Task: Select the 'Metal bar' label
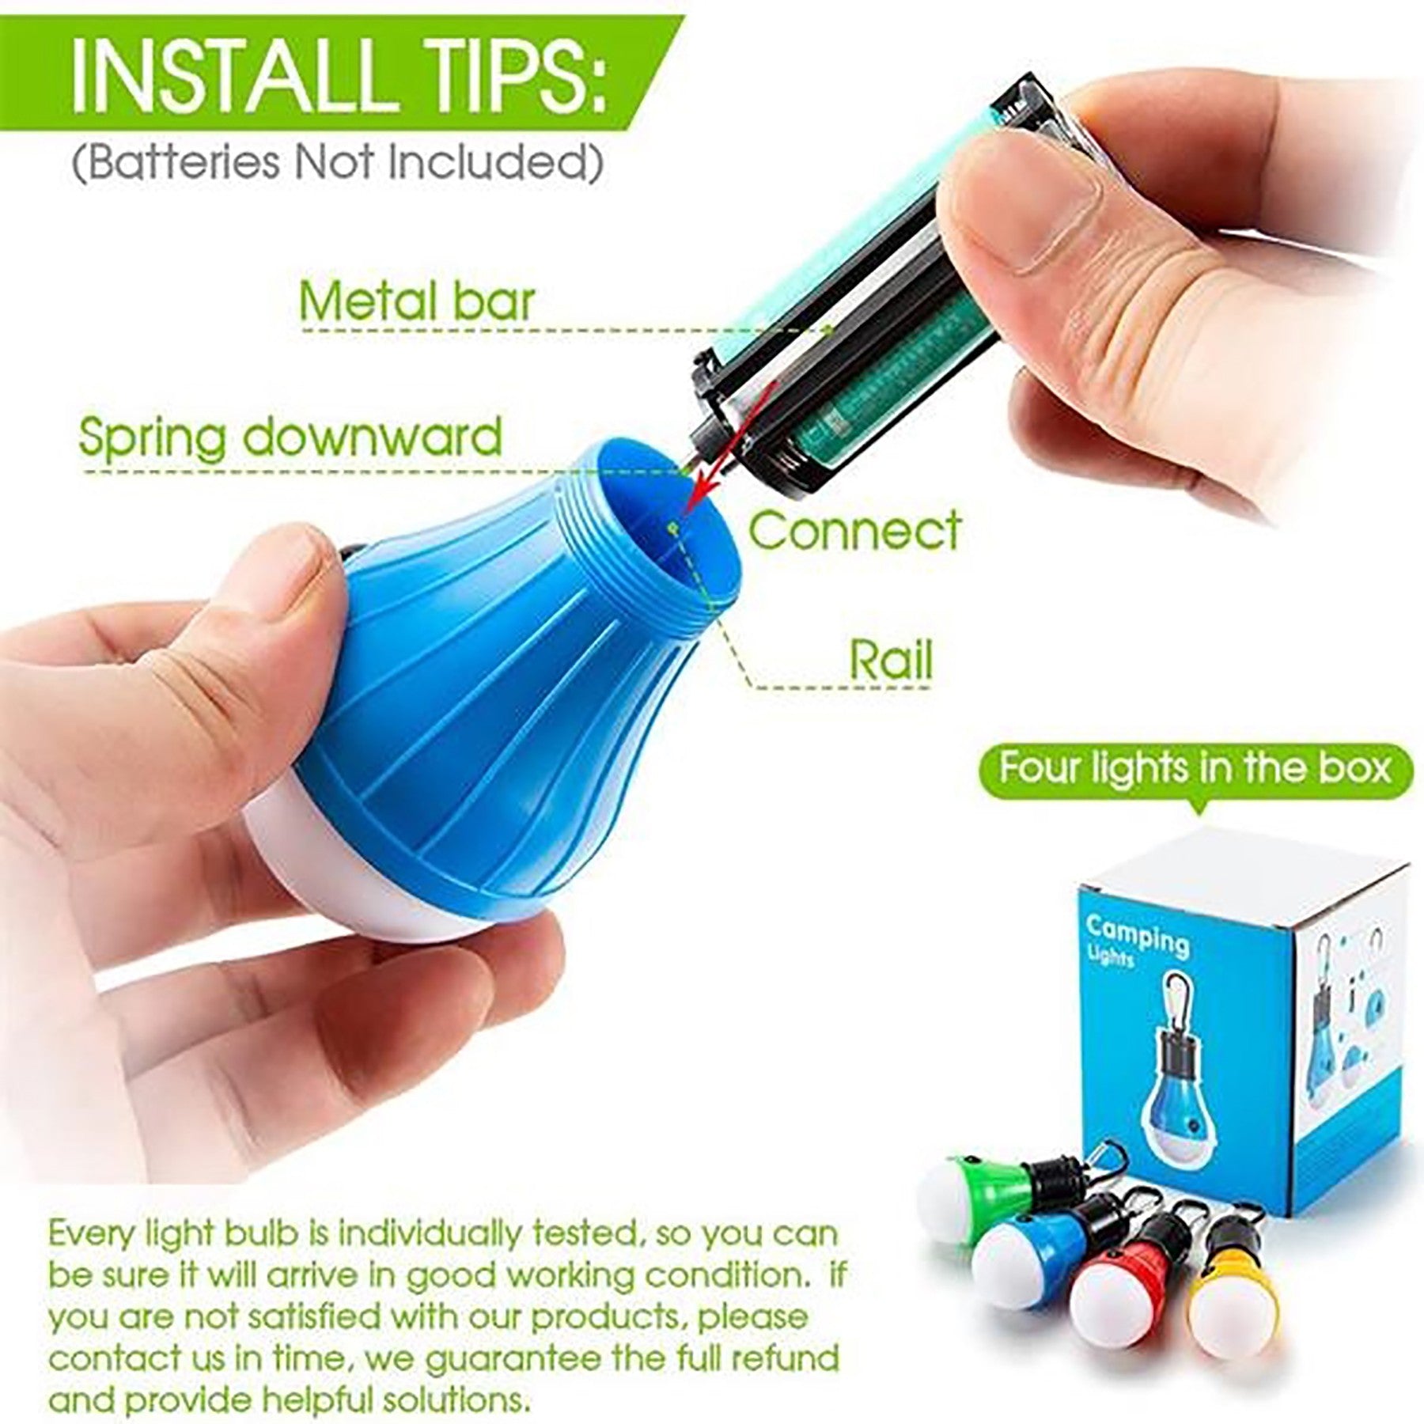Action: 418,301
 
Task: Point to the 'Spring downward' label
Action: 290,437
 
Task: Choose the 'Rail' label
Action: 891,658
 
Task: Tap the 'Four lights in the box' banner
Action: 1195,768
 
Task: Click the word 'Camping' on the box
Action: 1138,934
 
